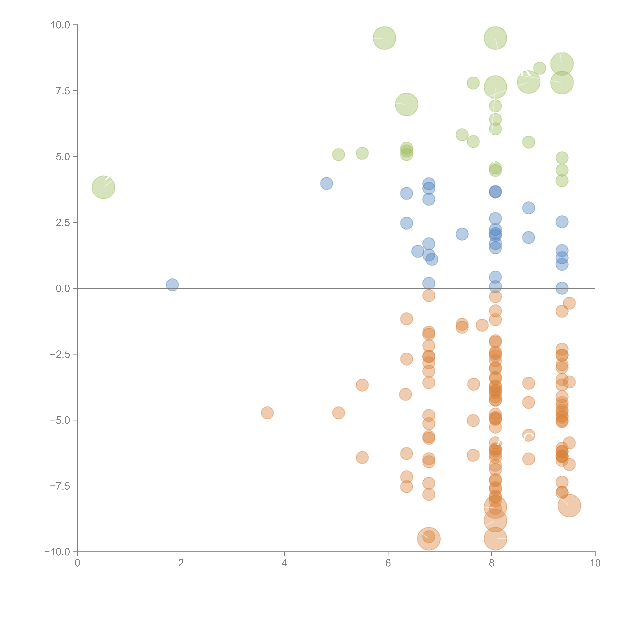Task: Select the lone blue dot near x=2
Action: tap(172, 285)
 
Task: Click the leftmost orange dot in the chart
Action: tap(267, 413)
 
